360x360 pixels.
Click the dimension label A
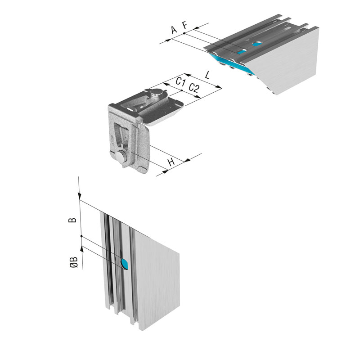tap(174, 30)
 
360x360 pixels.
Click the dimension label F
tap(185, 25)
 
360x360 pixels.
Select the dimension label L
tap(207, 75)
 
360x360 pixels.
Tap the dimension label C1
tap(180, 81)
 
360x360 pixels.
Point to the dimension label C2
tap(194, 88)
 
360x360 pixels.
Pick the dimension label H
tap(171, 162)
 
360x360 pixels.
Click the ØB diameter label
tap(74, 262)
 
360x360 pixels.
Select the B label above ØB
tap(72, 220)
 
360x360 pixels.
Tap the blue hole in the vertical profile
tap(125, 264)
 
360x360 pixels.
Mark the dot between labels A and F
tap(184, 33)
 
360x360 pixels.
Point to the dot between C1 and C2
tap(182, 90)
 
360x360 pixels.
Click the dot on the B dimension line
tap(81, 236)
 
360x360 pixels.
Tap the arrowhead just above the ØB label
tap(82, 249)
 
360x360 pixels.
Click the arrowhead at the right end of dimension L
tap(218, 87)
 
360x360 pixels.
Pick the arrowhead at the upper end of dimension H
tap(187, 160)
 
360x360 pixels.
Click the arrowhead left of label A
tap(169, 40)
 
